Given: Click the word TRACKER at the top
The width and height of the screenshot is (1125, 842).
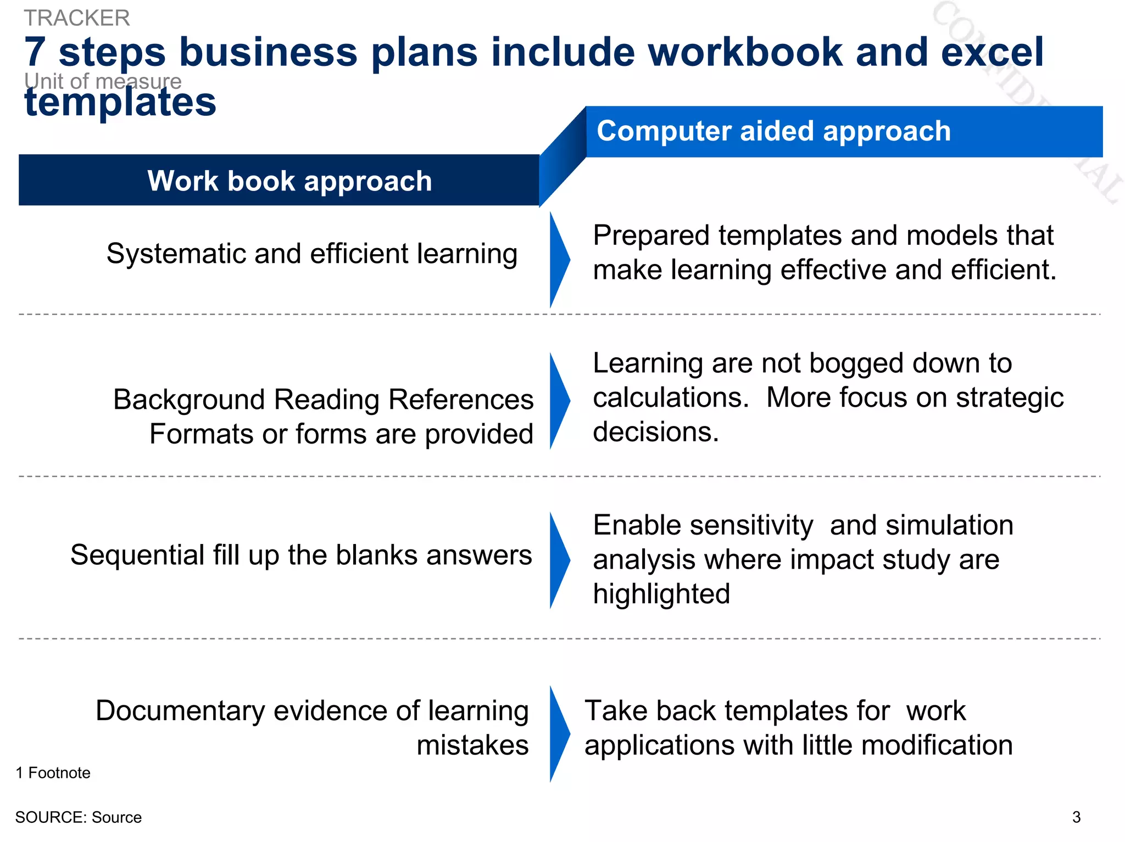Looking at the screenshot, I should click(77, 18).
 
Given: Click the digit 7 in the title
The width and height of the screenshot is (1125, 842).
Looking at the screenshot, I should click(35, 52).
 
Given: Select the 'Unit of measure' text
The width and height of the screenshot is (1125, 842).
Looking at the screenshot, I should click(103, 81).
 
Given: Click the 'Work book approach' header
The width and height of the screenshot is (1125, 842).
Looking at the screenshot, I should click(289, 181).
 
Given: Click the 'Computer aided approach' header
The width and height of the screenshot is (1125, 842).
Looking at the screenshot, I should click(773, 131).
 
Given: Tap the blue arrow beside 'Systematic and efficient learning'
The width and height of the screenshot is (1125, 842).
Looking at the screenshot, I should click(559, 259).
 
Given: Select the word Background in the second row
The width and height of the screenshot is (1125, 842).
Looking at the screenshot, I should click(189, 400).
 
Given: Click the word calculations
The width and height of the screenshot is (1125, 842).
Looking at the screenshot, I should click(671, 397).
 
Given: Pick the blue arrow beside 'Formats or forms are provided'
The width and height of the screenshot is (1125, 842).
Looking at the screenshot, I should click(559, 401).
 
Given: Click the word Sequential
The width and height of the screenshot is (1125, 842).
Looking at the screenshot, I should click(137, 555).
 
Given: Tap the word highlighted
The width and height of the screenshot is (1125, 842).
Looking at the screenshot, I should click(661, 594).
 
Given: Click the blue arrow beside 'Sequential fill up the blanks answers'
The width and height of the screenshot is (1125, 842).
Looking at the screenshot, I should click(559, 560).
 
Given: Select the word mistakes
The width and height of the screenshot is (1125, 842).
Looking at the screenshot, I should click(472, 745).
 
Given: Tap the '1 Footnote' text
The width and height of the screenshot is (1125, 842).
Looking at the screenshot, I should click(53, 773).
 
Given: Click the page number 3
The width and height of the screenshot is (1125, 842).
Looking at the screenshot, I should click(1076, 817).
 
